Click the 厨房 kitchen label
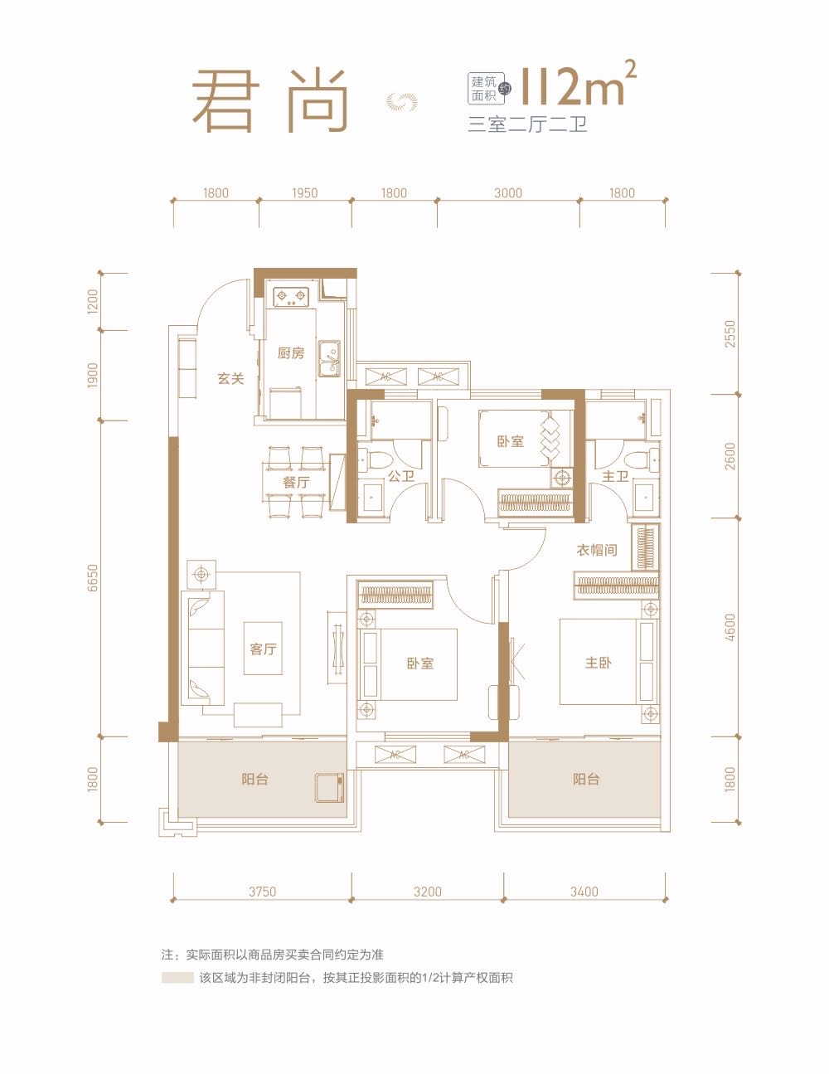(290, 353)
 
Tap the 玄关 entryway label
(230, 378)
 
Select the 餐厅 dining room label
(297, 482)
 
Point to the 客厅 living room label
(263, 649)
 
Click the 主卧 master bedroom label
(598, 663)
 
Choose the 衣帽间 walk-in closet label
(597, 550)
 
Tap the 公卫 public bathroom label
(400, 476)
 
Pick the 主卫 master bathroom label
(615, 476)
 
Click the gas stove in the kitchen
(290, 297)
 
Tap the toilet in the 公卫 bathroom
(375, 459)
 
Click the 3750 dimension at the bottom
(262, 892)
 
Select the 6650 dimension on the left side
(92, 578)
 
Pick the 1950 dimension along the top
(305, 192)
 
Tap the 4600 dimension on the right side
(730, 628)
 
